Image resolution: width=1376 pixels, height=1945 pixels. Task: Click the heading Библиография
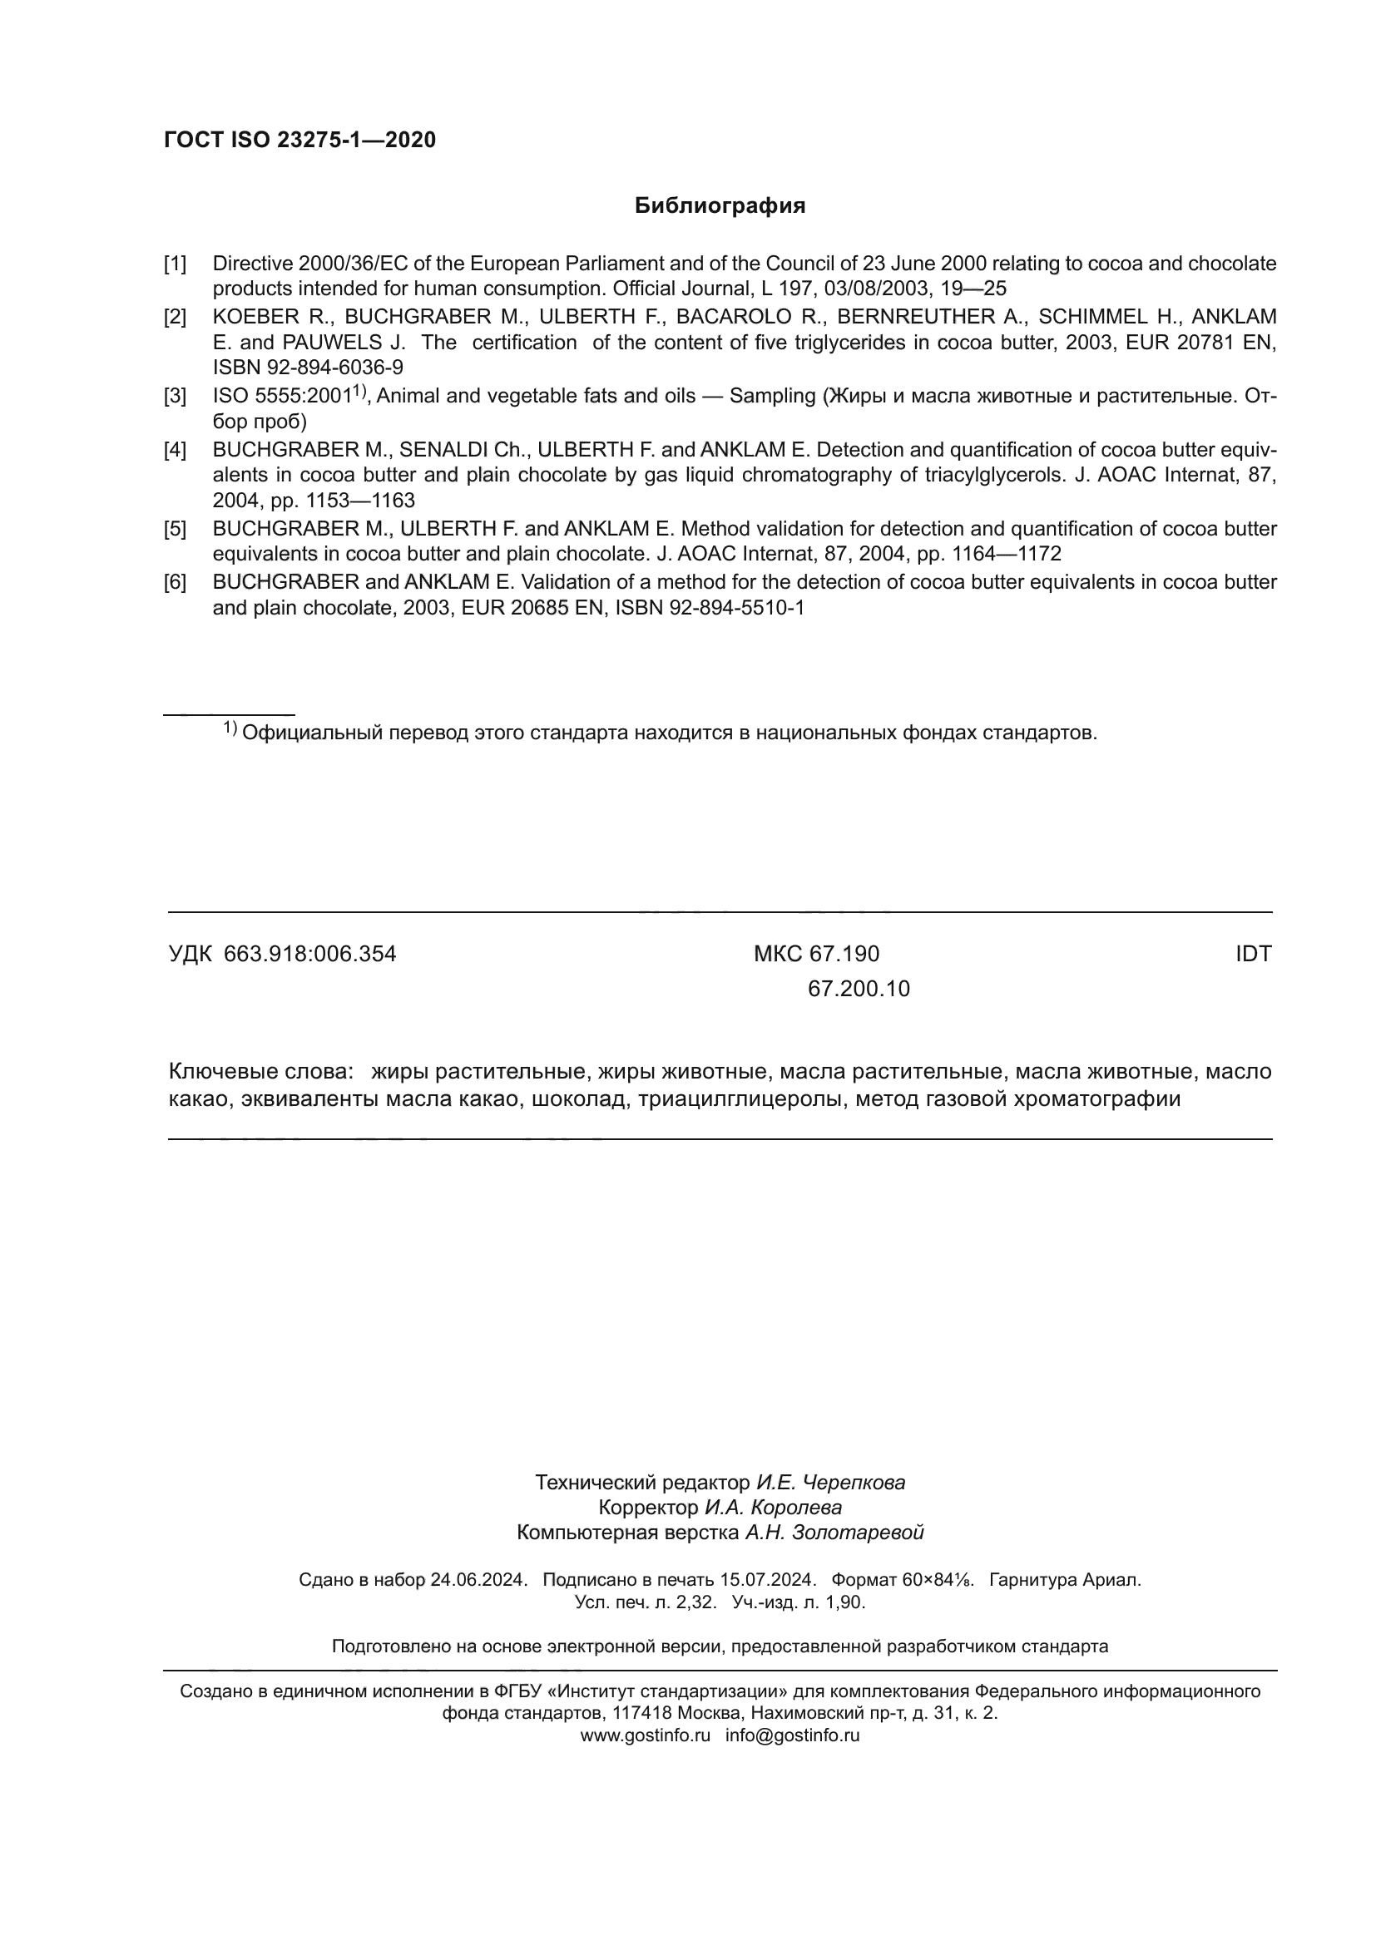720,206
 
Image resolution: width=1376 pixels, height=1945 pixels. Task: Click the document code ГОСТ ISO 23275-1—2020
300,140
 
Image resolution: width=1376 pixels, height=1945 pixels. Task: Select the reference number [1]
175,264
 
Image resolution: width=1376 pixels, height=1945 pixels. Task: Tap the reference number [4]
175,450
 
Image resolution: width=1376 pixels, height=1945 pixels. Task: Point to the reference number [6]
175,583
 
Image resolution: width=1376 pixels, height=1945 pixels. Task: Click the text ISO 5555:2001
281,397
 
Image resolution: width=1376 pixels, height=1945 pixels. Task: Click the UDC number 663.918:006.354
309,955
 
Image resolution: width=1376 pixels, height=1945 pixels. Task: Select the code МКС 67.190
816,955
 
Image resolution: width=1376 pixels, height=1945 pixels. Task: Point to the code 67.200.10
859,990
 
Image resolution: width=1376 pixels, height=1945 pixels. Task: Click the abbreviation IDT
1252,955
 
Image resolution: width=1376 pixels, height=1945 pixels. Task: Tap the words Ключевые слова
260,1072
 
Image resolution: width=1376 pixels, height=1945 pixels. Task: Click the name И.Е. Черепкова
830,1483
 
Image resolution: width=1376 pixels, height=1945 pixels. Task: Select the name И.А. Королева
773,1508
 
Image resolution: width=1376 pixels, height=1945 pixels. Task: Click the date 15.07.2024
768,1580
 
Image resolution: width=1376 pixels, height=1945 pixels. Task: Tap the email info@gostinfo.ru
792,1735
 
